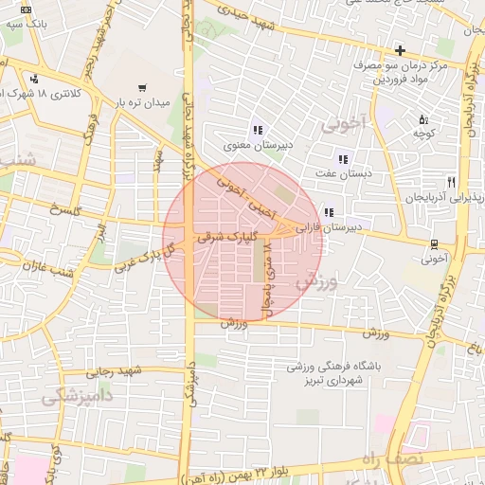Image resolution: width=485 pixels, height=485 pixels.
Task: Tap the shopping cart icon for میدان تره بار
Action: coord(141,86)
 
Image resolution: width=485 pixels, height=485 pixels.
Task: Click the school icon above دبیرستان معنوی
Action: coord(257,130)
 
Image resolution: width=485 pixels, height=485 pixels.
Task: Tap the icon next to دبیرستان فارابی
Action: coord(329,212)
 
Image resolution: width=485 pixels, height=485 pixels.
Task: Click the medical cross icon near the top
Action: coord(401,50)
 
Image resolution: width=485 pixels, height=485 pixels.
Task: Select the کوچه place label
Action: coord(422,135)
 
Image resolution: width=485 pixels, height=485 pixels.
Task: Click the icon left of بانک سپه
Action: coord(25,9)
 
